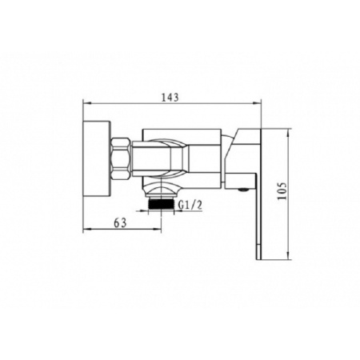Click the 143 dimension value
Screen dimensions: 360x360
170,98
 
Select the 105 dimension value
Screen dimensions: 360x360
282,191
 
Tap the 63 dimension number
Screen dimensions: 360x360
120,223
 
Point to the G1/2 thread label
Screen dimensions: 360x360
190,205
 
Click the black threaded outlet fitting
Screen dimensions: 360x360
161,204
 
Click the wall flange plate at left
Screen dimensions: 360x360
97,159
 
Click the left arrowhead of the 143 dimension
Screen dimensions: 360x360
87,102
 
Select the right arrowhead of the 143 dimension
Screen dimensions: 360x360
257,102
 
